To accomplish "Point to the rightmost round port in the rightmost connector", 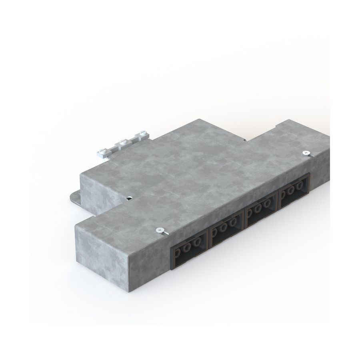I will click(299, 187).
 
